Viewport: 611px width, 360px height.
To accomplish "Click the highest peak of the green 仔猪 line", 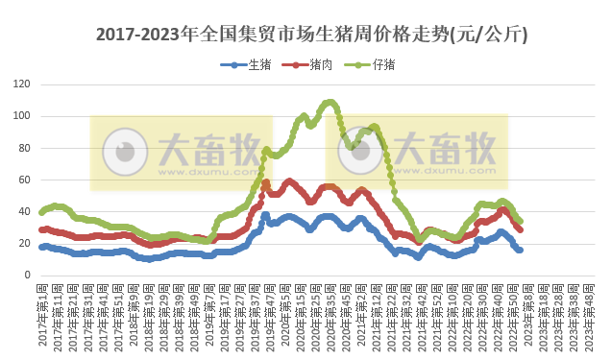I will (x=330, y=102).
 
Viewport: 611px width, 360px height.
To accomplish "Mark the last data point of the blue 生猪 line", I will (x=520, y=250).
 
